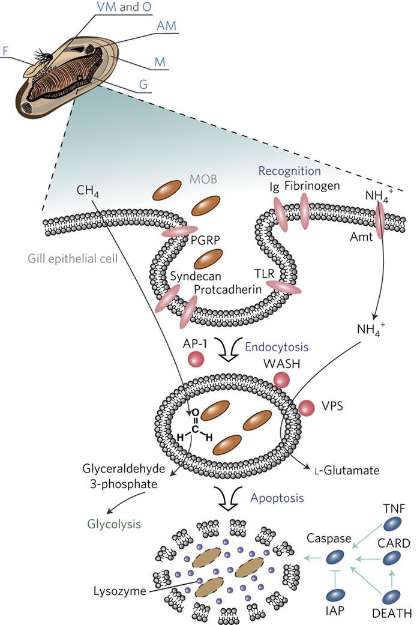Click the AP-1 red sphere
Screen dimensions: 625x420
[196, 359]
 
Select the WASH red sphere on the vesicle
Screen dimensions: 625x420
[282, 380]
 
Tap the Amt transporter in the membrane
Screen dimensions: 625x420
[380, 219]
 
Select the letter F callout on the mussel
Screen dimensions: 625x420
[5, 51]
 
